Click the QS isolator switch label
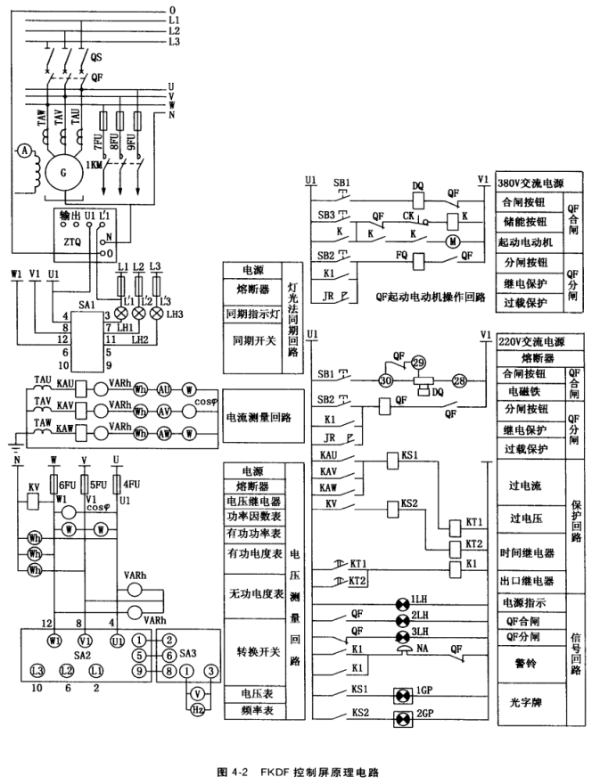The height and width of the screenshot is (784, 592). click(x=95, y=56)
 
